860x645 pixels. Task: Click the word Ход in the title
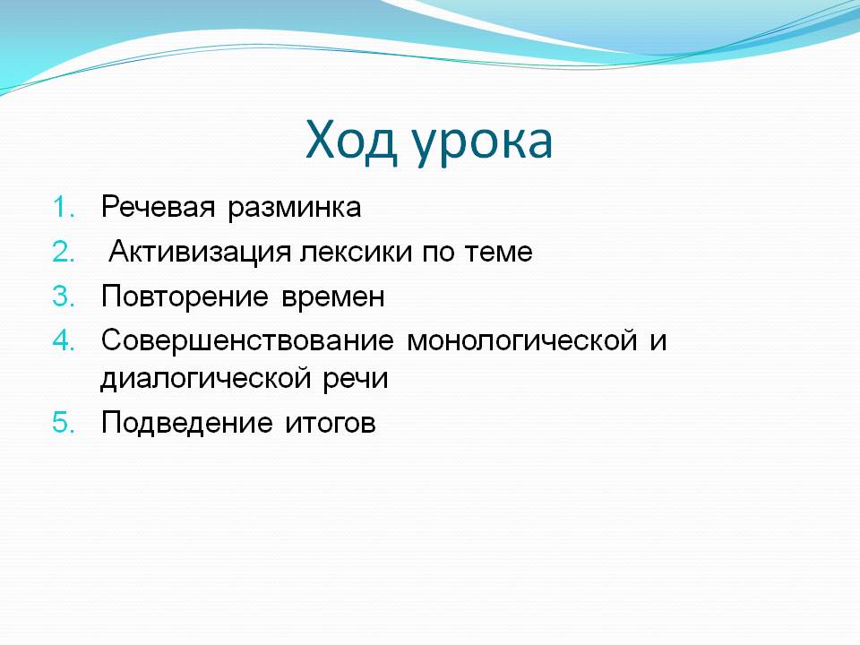351,141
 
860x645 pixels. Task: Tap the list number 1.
64,207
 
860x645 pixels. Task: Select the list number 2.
64,252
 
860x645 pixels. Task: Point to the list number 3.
64,297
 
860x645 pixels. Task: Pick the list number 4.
64,340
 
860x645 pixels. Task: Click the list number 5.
64,423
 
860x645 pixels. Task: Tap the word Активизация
200,253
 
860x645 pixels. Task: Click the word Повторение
185,297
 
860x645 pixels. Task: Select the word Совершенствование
247,341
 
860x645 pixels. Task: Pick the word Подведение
187,424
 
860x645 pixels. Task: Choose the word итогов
331,424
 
